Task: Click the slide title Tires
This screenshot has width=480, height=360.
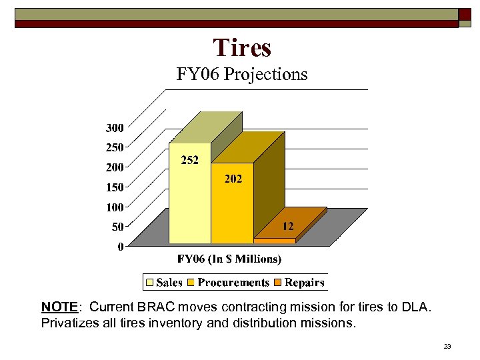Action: pyautogui.click(x=242, y=48)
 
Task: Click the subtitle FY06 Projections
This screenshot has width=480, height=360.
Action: pyautogui.click(x=242, y=74)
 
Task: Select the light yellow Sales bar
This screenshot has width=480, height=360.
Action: pyautogui.click(x=190, y=200)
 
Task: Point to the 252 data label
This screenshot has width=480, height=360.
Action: pyautogui.click(x=190, y=160)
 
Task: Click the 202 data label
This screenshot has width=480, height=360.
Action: pyautogui.click(x=233, y=179)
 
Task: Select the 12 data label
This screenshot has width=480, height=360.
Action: pyautogui.click(x=287, y=227)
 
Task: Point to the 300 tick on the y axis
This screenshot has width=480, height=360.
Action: pyautogui.click(x=114, y=127)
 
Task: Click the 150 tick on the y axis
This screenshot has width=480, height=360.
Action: pyautogui.click(x=114, y=187)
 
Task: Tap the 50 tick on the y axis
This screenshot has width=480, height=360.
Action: pyautogui.click(x=117, y=227)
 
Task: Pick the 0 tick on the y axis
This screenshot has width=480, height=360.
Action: pyautogui.click(x=120, y=247)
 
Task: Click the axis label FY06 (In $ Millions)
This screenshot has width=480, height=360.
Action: pyautogui.click(x=229, y=259)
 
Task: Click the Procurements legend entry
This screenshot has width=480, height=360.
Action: pyautogui.click(x=228, y=283)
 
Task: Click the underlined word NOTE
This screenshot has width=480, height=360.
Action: pyautogui.click(x=59, y=307)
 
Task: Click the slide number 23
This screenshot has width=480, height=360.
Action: pyautogui.click(x=447, y=346)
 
